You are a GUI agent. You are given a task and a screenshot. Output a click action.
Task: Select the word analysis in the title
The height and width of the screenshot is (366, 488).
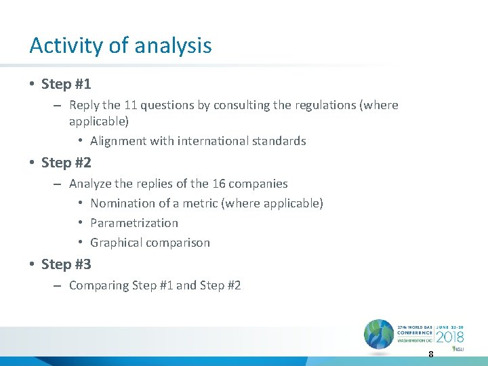click(x=173, y=46)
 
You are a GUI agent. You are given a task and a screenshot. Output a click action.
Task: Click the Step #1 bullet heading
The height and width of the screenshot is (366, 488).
click(x=66, y=84)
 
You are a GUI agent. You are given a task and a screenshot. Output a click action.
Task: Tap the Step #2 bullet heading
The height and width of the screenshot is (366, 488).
click(x=66, y=163)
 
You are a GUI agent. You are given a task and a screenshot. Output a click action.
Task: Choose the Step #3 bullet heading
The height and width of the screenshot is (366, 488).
click(x=66, y=264)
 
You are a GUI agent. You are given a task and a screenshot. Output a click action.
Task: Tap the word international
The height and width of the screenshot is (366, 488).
click(x=208, y=141)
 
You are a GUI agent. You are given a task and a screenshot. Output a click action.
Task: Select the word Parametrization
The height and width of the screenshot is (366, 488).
click(x=134, y=223)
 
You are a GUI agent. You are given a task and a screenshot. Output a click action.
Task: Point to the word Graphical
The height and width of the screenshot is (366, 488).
click(x=117, y=243)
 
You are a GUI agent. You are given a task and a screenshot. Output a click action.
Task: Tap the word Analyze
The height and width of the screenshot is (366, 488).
click(x=90, y=184)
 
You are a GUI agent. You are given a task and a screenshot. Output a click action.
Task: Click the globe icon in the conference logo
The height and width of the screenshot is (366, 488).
click(x=378, y=334)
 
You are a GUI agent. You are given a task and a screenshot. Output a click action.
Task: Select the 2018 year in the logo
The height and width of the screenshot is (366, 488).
click(x=449, y=337)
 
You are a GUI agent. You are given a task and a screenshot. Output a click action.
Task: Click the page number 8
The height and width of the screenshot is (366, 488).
click(x=430, y=354)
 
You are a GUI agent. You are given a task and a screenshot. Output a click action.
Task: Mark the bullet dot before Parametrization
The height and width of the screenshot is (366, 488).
click(x=79, y=223)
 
